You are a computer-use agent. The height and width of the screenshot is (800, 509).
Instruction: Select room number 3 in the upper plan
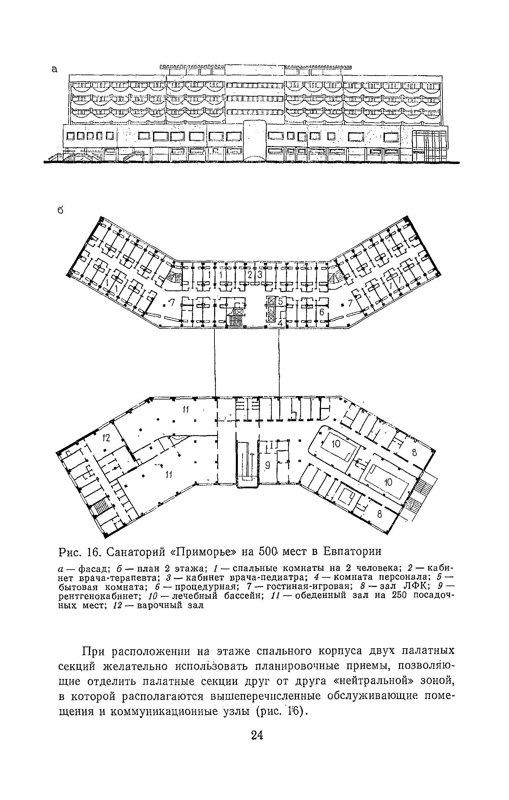pyautogui.click(x=260, y=275)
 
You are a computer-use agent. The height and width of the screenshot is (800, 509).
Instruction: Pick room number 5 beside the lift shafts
pyautogui.click(x=281, y=301)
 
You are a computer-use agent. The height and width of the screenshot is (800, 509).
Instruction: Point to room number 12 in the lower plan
pyautogui.click(x=107, y=438)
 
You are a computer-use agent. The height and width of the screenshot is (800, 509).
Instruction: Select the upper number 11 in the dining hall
pyautogui.click(x=185, y=410)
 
